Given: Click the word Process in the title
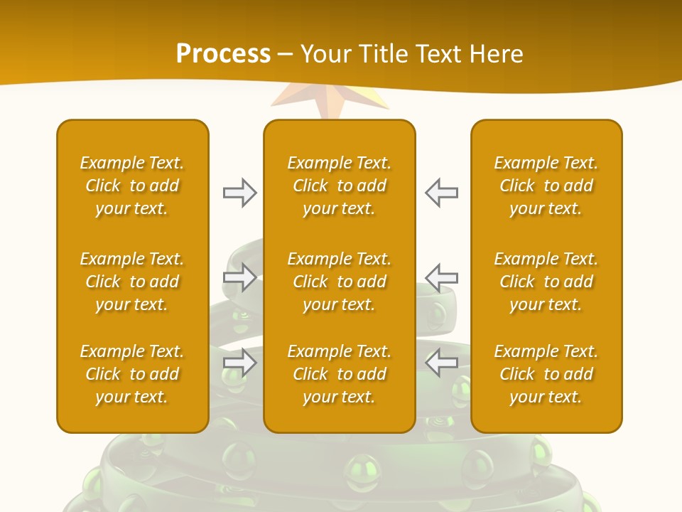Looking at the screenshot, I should [223, 54].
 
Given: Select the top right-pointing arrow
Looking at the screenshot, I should [239, 193].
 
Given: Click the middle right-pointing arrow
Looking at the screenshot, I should [239, 277].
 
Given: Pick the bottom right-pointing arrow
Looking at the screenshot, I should [239, 363].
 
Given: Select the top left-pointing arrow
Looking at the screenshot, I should [441, 193].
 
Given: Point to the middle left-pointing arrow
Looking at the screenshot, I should [441, 277].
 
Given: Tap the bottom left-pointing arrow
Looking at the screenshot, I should [441, 363].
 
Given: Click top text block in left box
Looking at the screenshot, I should [132, 186].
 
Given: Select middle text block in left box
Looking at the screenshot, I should [132, 282].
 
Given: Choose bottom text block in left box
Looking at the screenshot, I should [132, 374].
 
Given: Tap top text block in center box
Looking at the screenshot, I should [340, 186].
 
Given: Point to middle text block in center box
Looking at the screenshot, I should [340, 282].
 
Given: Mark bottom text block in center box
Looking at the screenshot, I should [340, 374].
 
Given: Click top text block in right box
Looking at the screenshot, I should [546, 186].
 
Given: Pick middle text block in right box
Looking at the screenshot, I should [546, 282].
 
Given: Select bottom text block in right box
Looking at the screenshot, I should [546, 374].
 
